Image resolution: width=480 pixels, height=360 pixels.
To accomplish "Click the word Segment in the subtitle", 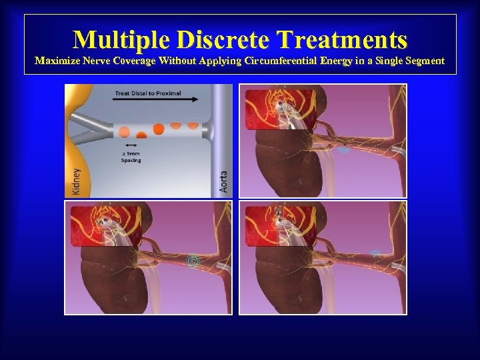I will point(419,61).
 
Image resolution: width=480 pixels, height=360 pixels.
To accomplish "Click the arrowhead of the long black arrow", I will point(195,100).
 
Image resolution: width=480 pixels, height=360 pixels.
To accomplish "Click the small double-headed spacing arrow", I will point(131,145).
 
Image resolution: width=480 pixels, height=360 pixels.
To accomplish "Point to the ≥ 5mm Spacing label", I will point(131,156).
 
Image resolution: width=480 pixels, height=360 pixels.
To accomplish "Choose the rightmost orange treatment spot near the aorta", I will point(193,125).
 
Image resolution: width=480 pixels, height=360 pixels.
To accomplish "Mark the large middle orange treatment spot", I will point(159,129).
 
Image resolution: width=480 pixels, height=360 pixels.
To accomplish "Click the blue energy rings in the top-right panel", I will point(344,148).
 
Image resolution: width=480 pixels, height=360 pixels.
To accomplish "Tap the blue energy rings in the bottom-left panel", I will point(194,261).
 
